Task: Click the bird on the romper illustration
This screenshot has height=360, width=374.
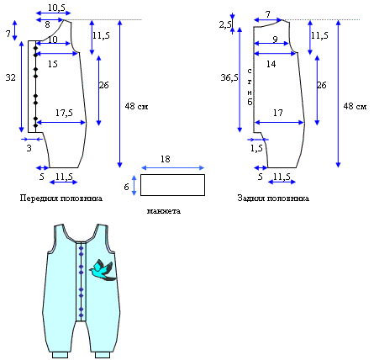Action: (x=103, y=270)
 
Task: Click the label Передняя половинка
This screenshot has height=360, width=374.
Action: (x=61, y=199)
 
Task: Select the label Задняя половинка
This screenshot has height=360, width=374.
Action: (x=273, y=199)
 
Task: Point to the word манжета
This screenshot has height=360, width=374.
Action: (x=164, y=211)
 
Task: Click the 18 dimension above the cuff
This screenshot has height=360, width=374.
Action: (x=166, y=159)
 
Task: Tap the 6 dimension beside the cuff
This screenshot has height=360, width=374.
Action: (x=126, y=187)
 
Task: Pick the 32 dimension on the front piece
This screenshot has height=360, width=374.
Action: (x=11, y=77)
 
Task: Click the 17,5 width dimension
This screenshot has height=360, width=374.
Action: (x=64, y=113)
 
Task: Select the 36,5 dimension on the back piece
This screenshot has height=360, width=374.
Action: (x=229, y=77)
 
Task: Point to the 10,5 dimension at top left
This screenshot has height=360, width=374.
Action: (x=56, y=8)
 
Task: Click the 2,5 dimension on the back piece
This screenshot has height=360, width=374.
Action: (x=225, y=25)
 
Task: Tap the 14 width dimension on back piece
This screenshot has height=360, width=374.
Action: (x=271, y=64)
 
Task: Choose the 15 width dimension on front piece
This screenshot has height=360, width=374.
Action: (x=53, y=64)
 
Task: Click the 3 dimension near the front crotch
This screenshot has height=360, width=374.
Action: (x=29, y=148)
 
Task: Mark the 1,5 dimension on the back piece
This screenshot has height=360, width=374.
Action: (x=256, y=148)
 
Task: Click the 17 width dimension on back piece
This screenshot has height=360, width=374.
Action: (x=278, y=113)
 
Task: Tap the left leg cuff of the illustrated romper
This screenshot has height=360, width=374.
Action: (x=60, y=355)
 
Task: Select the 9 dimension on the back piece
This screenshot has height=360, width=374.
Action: (x=275, y=40)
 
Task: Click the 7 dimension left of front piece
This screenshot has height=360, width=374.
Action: (x=8, y=34)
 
